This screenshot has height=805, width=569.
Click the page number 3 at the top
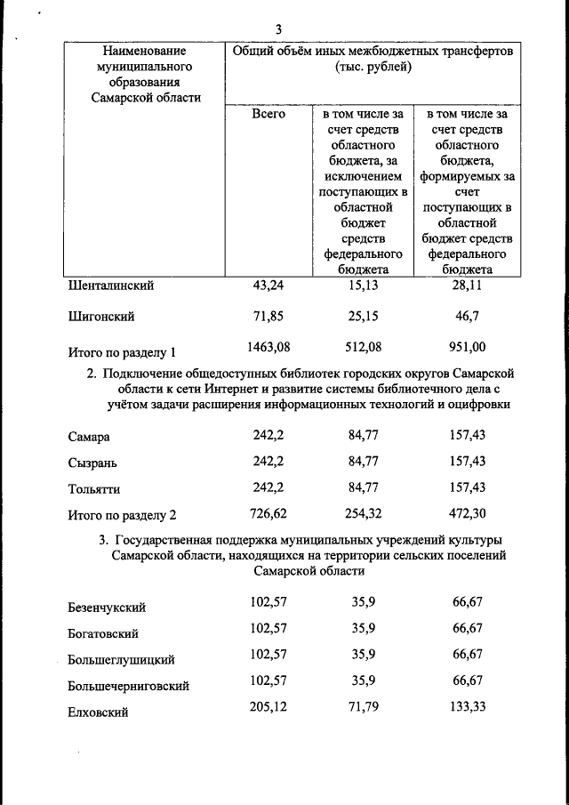click(278, 29)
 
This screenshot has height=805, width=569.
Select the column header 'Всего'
click(268, 115)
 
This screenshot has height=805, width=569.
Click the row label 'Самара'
click(90, 438)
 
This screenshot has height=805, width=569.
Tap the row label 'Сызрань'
click(92, 463)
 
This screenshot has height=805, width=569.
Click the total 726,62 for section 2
click(268, 513)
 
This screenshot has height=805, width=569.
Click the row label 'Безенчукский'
click(107, 608)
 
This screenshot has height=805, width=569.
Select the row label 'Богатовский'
click(103, 634)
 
